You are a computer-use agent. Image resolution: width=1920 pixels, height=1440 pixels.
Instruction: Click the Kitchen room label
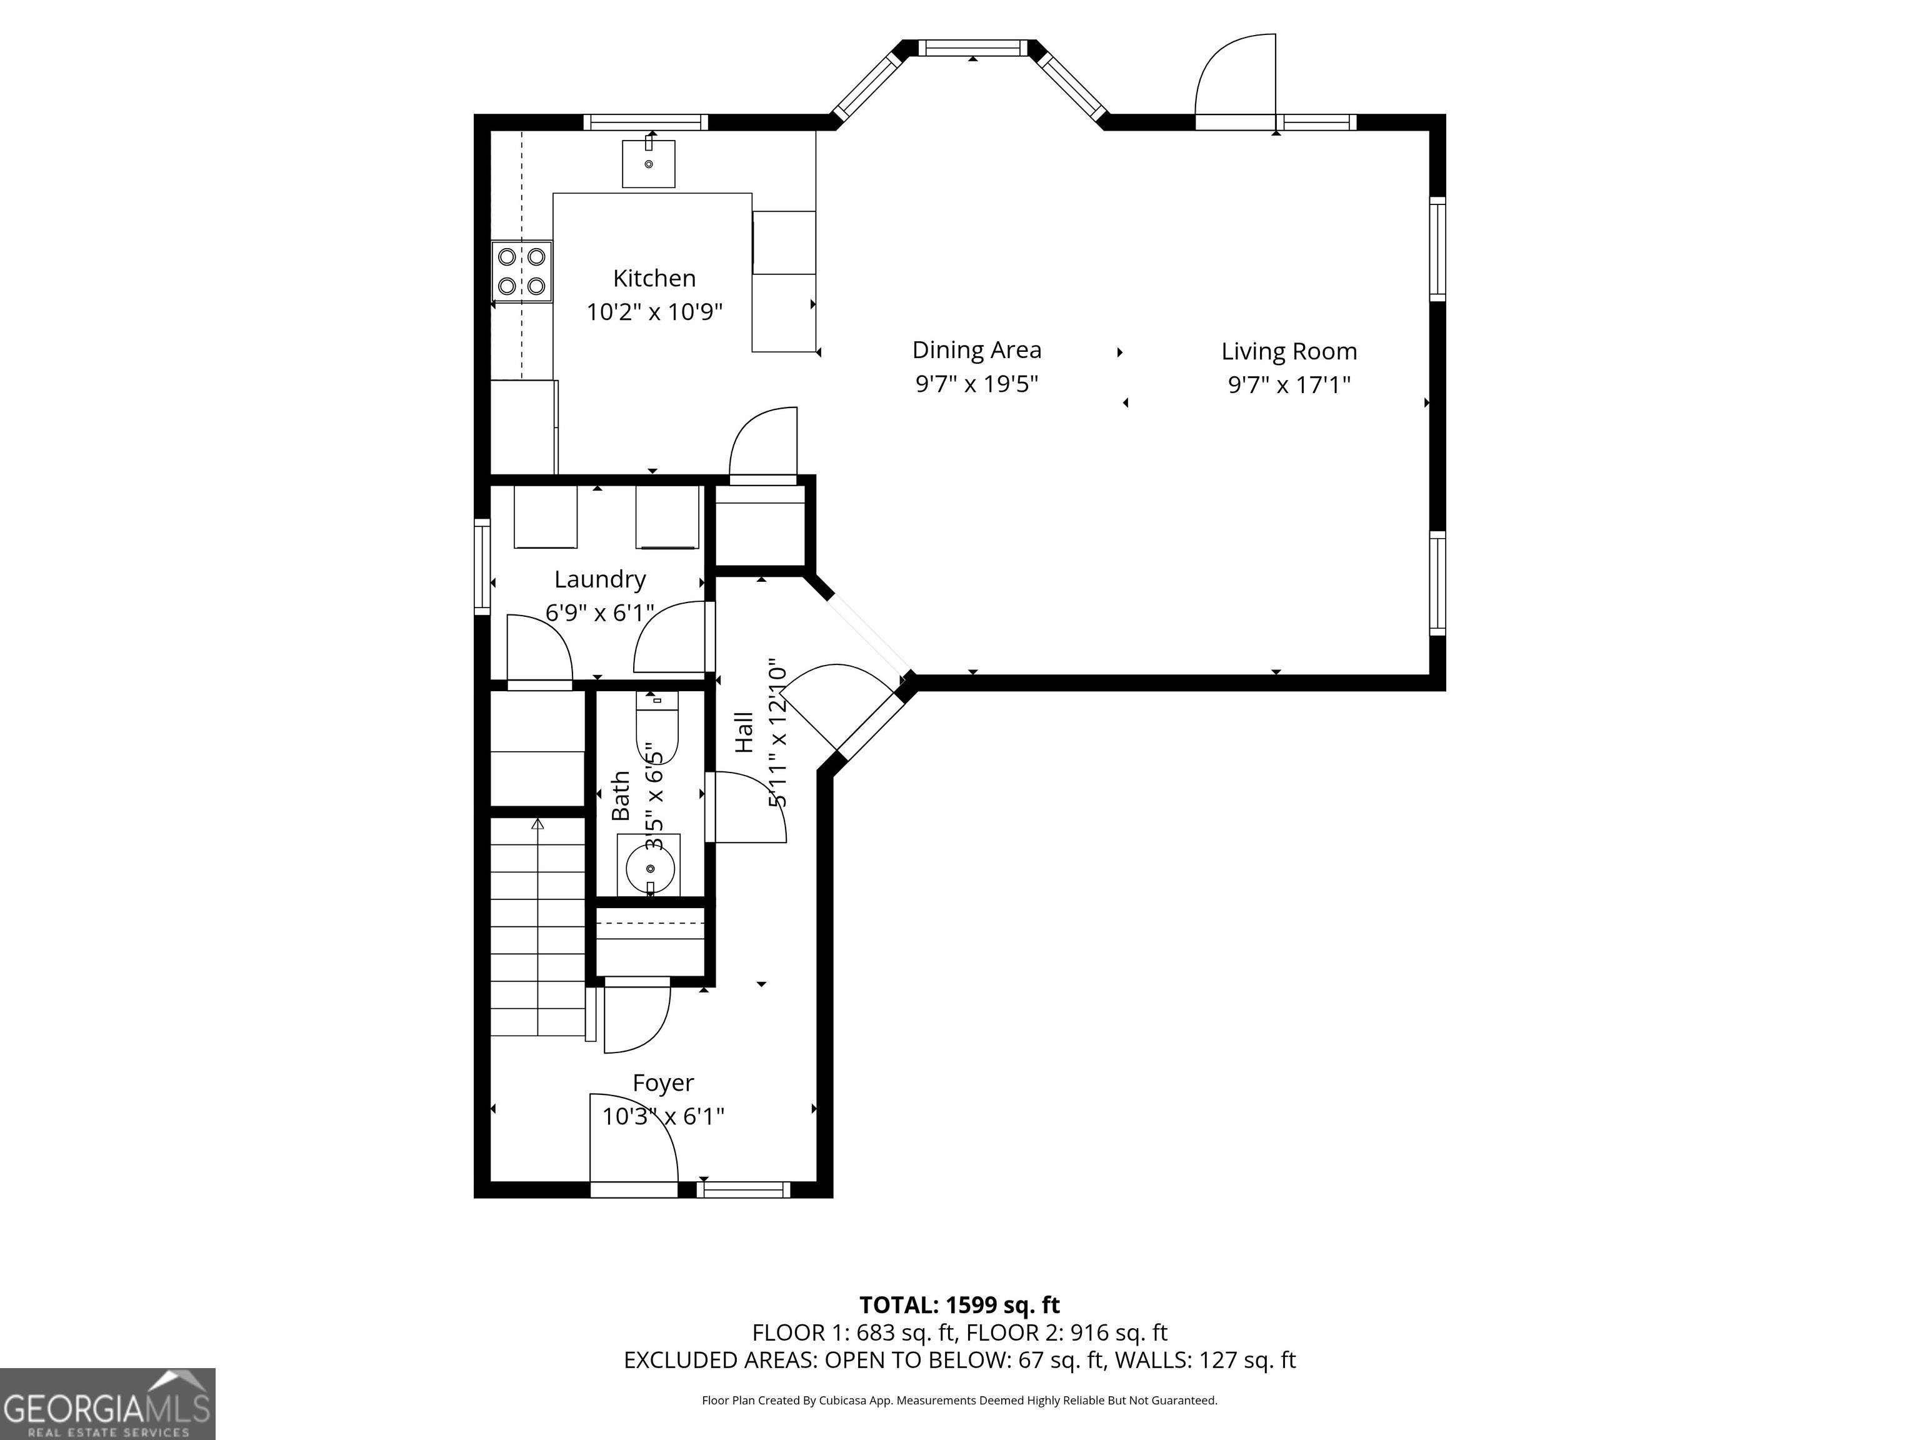[654, 279]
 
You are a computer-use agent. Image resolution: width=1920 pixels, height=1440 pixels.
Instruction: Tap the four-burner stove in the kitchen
[522, 271]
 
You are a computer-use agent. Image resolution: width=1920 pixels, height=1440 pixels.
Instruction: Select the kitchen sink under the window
[648, 164]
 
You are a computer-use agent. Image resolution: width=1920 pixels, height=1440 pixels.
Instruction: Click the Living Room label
[1288, 351]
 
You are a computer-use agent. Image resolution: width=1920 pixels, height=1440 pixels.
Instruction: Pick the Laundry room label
[600, 579]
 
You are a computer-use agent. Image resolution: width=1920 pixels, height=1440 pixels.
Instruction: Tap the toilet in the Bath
[656, 728]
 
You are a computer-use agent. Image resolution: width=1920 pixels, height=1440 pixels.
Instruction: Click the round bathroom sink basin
[650, 867]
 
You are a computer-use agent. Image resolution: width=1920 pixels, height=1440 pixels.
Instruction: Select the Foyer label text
[663, 1083]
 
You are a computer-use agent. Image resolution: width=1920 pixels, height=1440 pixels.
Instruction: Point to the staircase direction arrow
[537, 824]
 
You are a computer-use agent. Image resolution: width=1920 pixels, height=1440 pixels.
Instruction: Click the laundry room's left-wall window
[482, 567]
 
